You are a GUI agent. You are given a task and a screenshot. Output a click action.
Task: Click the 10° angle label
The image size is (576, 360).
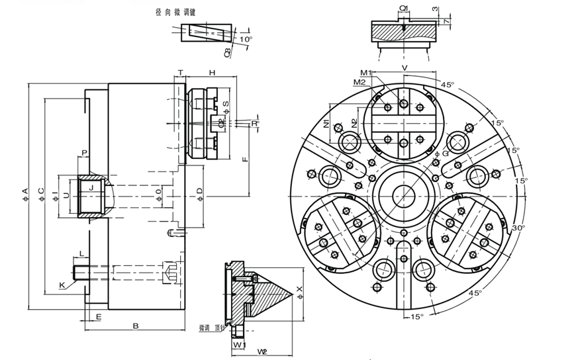(246, 39)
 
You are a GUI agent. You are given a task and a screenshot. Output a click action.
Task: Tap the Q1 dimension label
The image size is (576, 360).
(404, 8)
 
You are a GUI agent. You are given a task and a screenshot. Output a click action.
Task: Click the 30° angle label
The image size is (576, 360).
(518, 227)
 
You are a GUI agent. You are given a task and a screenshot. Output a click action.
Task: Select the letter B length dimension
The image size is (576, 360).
(136, 326)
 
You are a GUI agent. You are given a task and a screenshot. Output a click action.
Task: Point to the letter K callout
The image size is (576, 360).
(62, 285)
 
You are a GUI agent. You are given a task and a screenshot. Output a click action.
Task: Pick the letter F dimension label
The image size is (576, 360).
(244, 159)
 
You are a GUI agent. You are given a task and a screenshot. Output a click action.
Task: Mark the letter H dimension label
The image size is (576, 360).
(212, 71)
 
